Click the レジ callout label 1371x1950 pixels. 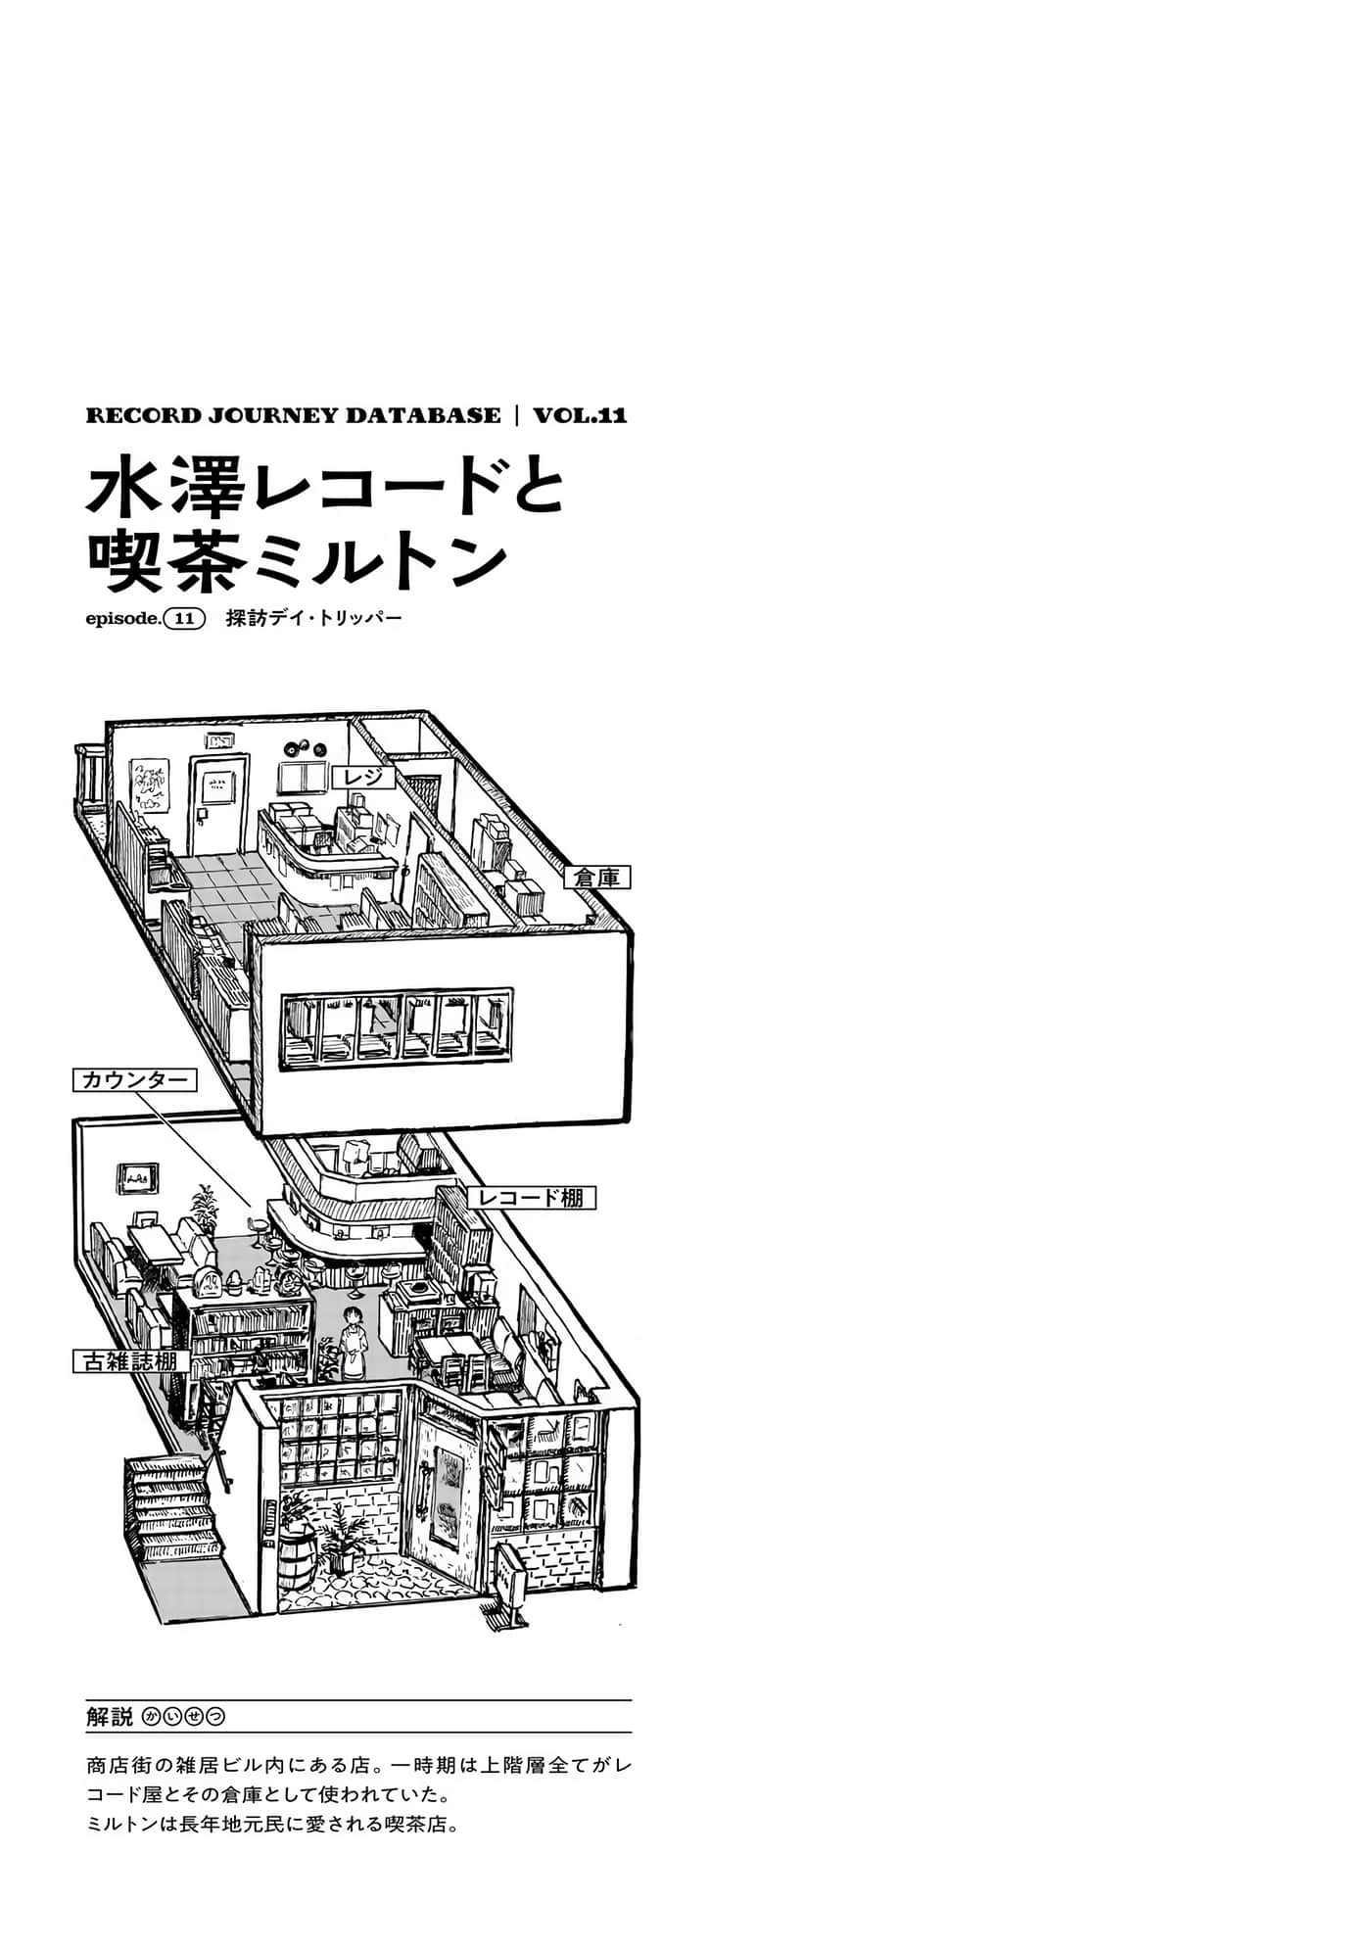[x=363, y=778]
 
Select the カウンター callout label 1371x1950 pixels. [x=134, y=1080]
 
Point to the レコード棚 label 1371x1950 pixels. [x=531, y=1197]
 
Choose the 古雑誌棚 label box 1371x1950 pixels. [x=131, y=1360]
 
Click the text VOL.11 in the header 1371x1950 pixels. [x=580, y=415]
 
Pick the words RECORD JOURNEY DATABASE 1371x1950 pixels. [x=294, y=415]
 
